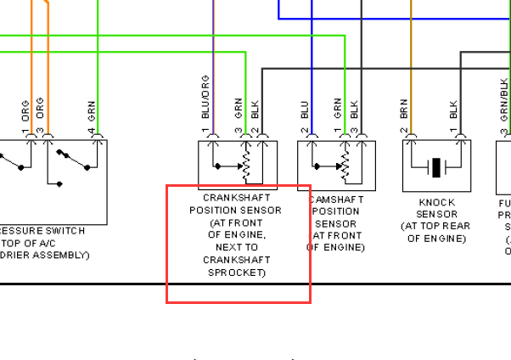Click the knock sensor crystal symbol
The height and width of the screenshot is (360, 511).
(436, 167)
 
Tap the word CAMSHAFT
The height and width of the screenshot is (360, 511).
(338, 198)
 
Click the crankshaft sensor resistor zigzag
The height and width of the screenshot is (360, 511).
(247, 166)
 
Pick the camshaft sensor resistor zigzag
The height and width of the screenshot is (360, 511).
(345, 166)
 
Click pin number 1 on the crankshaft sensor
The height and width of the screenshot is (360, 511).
(205, 132)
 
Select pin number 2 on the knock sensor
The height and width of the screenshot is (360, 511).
(404, 132)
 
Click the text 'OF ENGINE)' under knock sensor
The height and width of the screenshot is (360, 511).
(436, 239)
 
